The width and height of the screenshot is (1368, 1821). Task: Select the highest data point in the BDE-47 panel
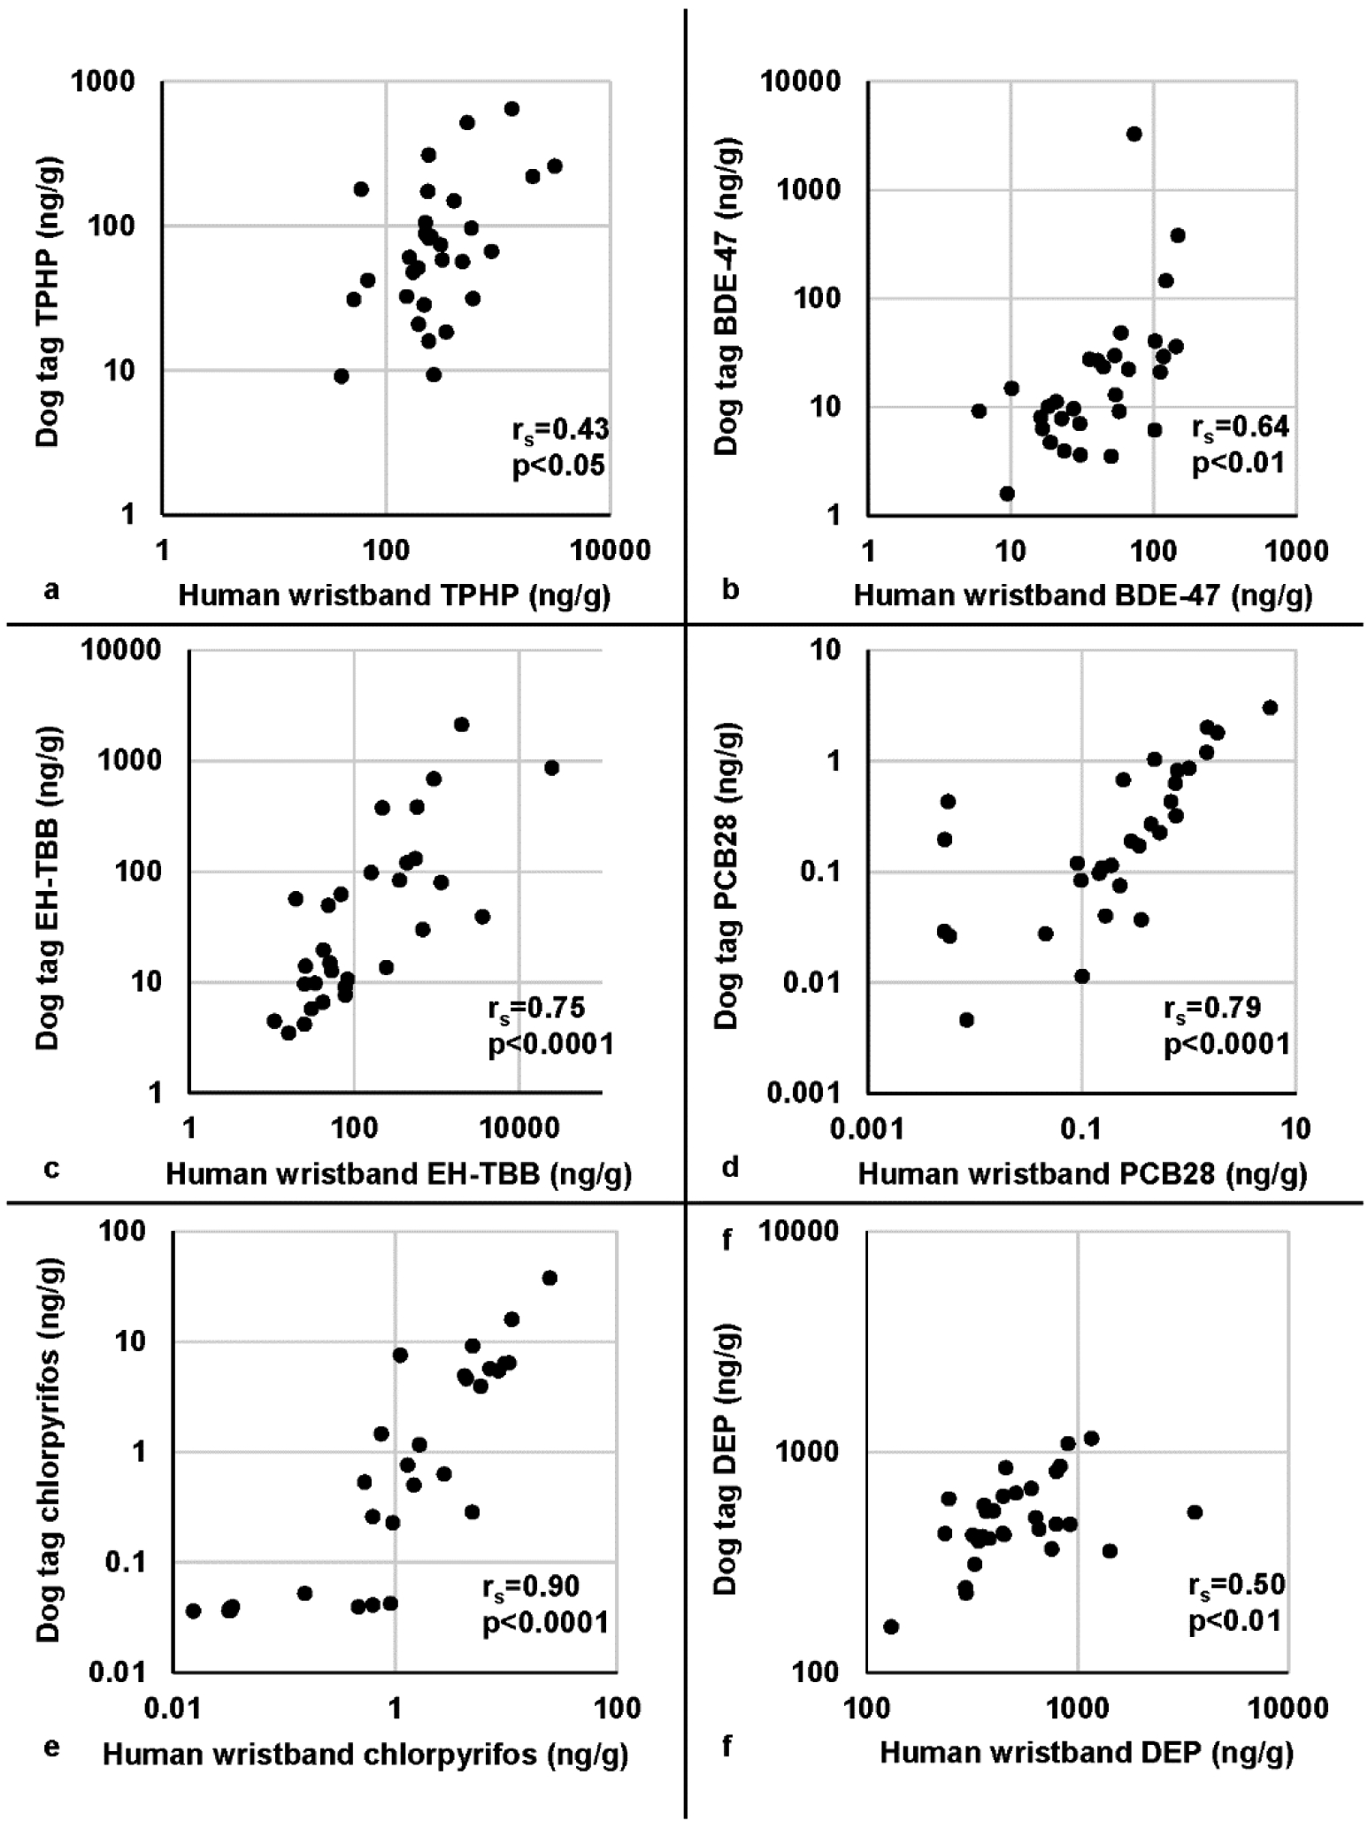[1134, 134]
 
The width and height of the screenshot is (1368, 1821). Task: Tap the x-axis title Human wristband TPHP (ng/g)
[394, 595]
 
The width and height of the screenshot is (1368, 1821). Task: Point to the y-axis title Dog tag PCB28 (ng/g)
[726, 875]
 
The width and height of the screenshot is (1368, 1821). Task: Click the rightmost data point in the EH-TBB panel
[551, 768]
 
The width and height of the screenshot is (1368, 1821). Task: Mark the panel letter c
[51, 1168]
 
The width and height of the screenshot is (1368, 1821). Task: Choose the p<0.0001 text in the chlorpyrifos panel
[545, 1622]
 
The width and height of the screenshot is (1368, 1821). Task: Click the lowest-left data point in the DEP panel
[891, 1627]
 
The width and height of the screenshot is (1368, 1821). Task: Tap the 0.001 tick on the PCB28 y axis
[803, 1094]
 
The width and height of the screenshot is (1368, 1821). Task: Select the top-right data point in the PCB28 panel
[1270, 707]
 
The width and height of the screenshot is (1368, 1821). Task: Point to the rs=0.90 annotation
[531, 1587]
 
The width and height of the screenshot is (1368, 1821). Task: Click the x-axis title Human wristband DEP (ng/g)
[1086, 1752]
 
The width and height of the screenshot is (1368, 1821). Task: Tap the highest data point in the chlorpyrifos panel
[550, 1278]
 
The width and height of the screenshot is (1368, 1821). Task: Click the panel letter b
[730, 588]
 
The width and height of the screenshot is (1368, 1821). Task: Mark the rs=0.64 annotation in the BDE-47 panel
[1240, 427]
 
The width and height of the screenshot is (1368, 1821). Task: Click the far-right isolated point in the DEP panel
[1194, 1512]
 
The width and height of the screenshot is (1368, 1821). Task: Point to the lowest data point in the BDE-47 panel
[1007, 494]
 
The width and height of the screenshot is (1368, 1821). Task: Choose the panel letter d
[730, 1168]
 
